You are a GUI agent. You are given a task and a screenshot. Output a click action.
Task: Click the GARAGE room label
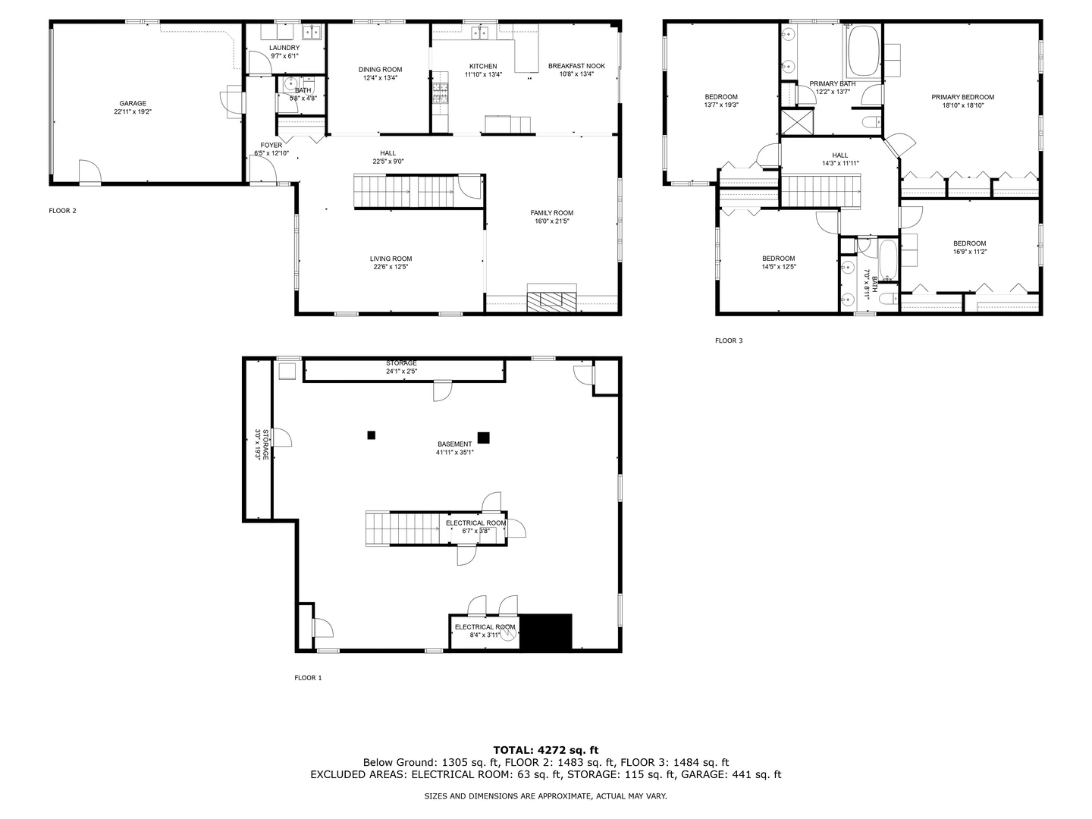[x=133, y=103]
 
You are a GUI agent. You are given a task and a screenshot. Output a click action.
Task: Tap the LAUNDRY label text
[x=284, y=48]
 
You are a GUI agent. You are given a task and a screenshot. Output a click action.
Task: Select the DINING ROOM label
[x=380, y=70]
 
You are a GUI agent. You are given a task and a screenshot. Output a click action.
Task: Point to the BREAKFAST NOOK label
[x=576, y=66]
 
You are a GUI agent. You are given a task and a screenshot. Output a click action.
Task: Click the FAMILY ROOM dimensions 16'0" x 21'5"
[x=552, y=221]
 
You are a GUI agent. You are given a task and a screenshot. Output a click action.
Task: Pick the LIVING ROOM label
[x=391, y=259]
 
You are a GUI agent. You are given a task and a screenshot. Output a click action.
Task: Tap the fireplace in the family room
[x=552, y=298]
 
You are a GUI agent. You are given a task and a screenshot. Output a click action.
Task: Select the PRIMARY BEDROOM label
[x=962, y=97]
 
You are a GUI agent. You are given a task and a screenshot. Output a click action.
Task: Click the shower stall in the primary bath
[x=798, y=122]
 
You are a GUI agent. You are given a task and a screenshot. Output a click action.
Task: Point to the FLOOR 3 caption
[x=729, y=340]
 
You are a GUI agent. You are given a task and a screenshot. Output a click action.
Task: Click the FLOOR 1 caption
[x=308, y=678]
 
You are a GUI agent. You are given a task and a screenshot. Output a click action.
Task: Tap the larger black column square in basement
[x=483, y=438]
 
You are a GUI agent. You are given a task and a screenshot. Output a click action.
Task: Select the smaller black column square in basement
[x=371, y=435]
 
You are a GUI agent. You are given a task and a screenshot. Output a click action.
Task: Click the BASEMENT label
[x=455, y=444]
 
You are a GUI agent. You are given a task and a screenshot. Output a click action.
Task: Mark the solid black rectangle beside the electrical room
[x=546, y=632]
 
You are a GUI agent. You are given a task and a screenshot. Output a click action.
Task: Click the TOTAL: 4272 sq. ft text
[x=546, y=751]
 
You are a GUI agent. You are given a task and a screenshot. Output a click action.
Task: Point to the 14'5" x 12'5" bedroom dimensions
[x=779, y=266]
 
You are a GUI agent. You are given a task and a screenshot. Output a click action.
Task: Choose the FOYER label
[x=271, y=145]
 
